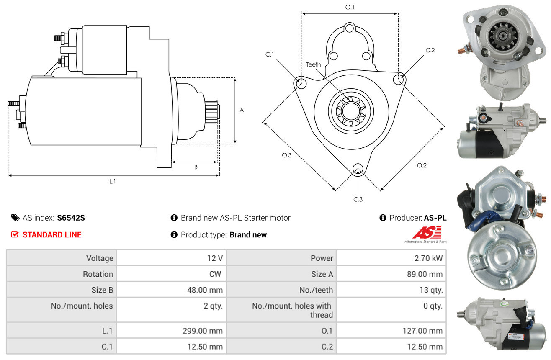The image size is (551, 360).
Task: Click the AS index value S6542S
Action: coord(71,218)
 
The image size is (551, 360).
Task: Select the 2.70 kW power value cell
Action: coord(391,258)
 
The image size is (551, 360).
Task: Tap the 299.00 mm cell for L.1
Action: coord(171,331)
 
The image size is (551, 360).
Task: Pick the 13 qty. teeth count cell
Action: coord(391,290)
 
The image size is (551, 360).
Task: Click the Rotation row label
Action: coord(98,274)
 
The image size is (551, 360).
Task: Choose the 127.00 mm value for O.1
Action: coord(422,331)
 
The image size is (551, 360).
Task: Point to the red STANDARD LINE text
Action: coord(52,235)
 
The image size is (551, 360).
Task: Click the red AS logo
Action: coord(427,233)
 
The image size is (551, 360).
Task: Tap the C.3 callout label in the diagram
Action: coord(358,199)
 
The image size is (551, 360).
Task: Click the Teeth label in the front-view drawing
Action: coord(313,64)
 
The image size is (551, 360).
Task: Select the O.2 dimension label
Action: coord(422,165)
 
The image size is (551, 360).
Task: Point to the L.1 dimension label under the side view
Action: coord(112,182)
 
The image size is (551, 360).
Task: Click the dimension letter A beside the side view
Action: coord(242,110)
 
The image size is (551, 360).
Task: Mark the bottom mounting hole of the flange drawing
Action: coord(358,169)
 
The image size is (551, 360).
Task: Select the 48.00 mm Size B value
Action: coord(205,290)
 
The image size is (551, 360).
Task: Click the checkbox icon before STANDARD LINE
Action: coord(15,234)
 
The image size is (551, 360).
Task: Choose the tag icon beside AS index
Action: coord(15,218)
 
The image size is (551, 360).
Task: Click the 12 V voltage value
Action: coord(215,258)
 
